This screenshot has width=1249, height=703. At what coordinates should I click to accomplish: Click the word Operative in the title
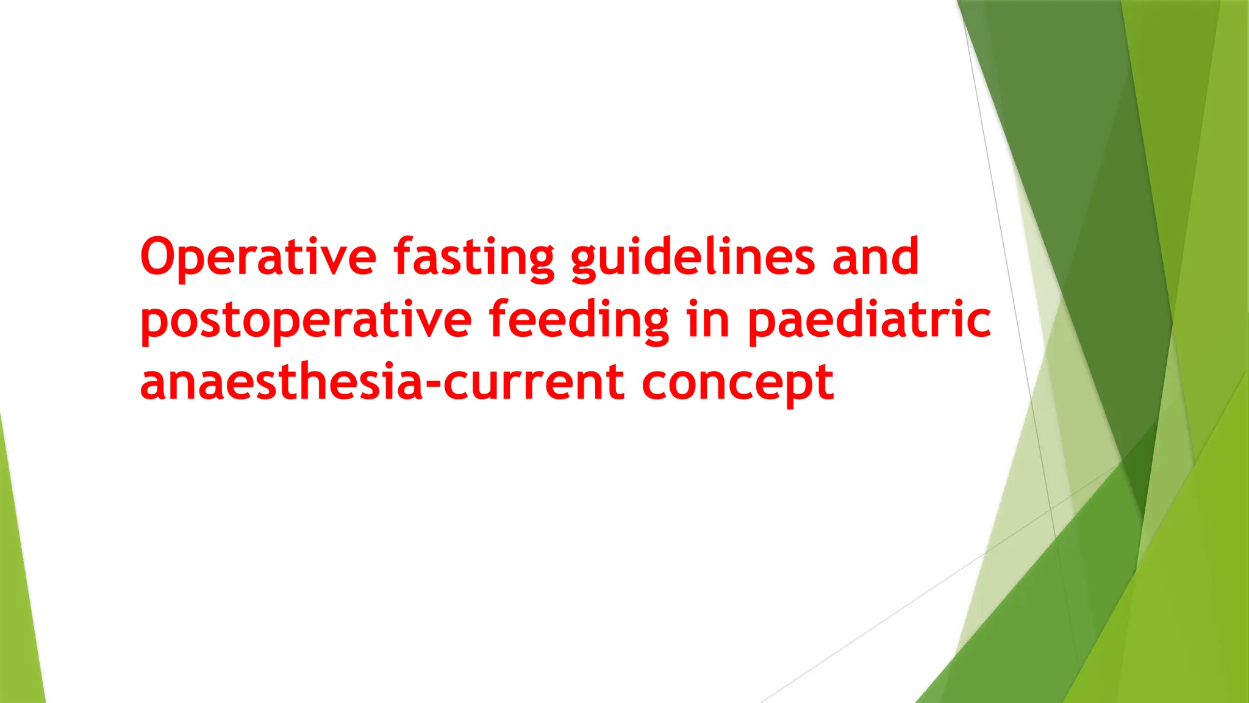[x=258, y=256]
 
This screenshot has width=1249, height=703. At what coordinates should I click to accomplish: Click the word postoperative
[x=306, y=320]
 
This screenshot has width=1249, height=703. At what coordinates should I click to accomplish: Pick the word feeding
[x=578, y=320]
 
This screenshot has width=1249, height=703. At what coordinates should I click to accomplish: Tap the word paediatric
[x=869, y=320]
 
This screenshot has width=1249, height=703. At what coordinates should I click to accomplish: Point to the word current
[x=534, y=383]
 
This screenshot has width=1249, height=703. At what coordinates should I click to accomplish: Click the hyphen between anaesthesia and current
[x=432, y=385]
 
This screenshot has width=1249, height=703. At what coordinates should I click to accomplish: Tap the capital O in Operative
[x=162, y=256]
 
